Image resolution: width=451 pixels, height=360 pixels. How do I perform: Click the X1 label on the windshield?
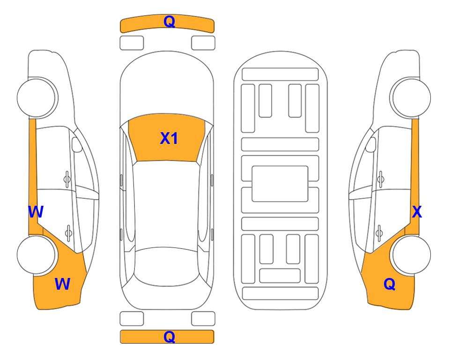[x=169, y=138]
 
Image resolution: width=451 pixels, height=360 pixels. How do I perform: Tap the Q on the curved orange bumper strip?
[x=170, y=21]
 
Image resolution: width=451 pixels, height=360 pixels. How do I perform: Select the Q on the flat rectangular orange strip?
[x=170, y=337]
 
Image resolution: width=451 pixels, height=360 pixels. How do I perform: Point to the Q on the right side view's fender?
[x=390, y=284]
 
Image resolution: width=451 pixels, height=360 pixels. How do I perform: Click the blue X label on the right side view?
[x=417, y=212]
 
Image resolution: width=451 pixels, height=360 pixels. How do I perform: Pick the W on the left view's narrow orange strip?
[x=36, y=212]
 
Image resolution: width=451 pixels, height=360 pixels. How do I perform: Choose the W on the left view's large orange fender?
[x=62, y=284]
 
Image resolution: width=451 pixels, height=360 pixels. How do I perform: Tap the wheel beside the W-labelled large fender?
[x=36, y=255]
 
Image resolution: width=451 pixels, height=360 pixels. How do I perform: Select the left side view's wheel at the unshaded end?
[x=37, y=97]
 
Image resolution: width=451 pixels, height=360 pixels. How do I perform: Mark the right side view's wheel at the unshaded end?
[x=410, y=97]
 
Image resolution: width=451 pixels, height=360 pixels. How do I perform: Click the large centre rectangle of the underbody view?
[x=280, y=184]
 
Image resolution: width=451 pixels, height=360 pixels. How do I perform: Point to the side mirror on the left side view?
[x=77, y=144]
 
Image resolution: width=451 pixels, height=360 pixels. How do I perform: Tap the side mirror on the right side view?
[x=371, y=144]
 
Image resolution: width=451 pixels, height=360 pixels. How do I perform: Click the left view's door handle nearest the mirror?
[x=67, y=179]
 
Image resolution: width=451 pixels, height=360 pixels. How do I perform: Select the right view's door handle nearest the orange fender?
[x=379, y=233]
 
